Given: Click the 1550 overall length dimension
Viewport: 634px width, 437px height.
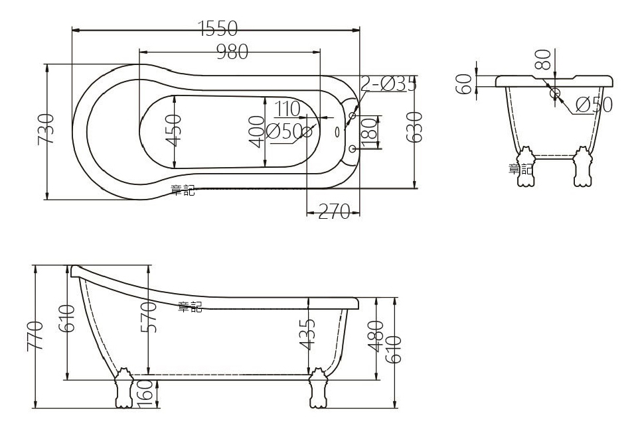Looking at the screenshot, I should click(218, 29).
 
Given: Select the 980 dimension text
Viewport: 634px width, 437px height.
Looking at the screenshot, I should click(232, 51).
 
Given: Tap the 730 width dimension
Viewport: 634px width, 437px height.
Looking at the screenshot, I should click(46, 128).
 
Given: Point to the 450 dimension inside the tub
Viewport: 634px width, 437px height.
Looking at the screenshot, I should click(173, 130).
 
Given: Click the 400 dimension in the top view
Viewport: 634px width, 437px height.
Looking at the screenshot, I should click(256, 132).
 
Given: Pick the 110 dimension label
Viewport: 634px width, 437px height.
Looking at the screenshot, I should click(287, 108).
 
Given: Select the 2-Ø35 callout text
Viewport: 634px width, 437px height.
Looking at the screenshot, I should click(388, 84).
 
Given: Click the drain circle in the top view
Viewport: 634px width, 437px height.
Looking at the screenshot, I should click(307, 131).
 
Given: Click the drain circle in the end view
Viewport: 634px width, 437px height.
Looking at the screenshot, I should click(555, 93).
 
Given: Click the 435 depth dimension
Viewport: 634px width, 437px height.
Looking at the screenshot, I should click(306, 334).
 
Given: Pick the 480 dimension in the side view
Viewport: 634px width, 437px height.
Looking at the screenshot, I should click(375, 336).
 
